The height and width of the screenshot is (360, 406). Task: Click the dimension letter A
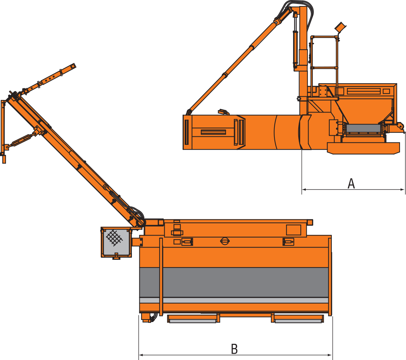click(351, 184)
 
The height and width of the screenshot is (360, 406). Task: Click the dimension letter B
click(234, 349)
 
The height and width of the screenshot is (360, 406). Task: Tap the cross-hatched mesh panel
click(114, 238)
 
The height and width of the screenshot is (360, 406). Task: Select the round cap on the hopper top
click(224, 241)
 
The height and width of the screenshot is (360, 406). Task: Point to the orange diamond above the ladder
click(340, 27)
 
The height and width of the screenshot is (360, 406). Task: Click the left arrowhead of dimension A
click(304, 189)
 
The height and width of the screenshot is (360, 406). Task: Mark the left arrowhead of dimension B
click(141, 355)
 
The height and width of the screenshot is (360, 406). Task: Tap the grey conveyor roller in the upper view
click(363, 128)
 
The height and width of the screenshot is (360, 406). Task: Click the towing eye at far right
click(400, 126)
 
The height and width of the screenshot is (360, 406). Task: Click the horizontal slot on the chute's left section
click(213, 132)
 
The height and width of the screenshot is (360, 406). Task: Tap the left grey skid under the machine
click(192, 321)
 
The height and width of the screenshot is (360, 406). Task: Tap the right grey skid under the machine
click(298, 321)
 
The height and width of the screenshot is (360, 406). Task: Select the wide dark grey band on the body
click(234, 282)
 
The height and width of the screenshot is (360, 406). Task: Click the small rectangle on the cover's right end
click(293, 230)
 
